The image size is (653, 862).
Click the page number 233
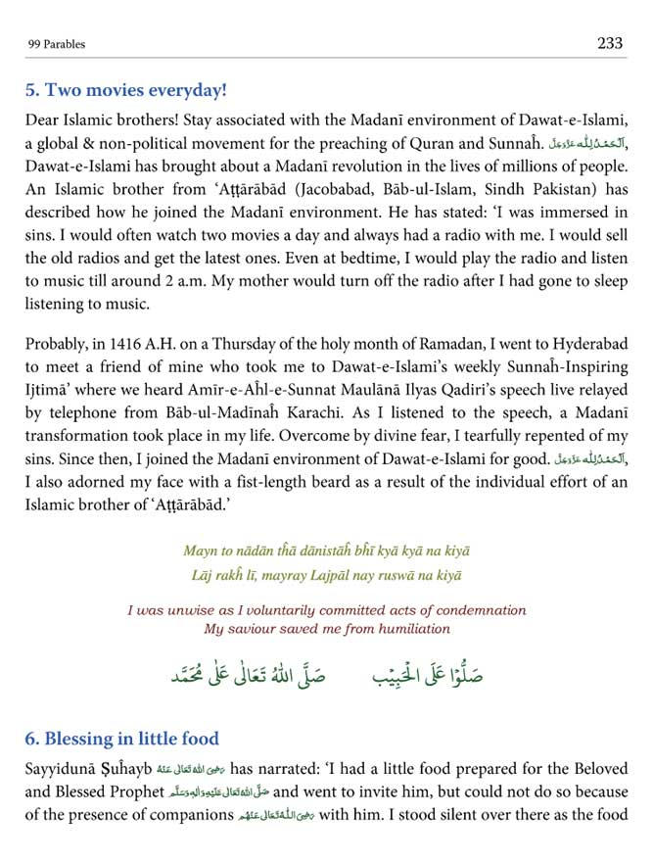[x=609, y=43]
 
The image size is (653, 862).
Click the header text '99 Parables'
[x=56, y=45]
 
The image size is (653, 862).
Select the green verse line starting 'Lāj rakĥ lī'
[x=326, y=576]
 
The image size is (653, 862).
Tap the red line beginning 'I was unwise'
[x=326, y=609]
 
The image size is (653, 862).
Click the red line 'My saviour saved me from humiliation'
[x=326, y=628]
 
